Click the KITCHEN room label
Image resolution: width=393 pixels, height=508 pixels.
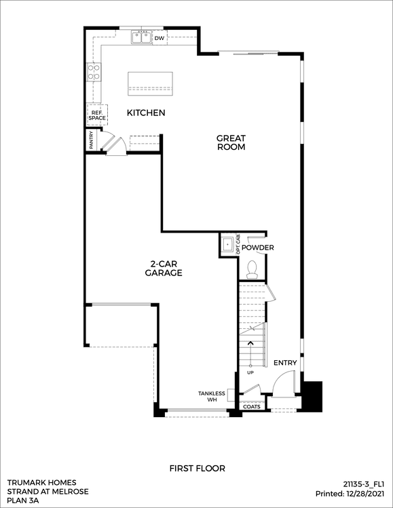tap(146, 113)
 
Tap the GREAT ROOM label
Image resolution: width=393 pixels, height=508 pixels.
tap(231, 142)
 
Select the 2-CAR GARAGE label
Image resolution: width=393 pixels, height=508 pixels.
tap(164, 269)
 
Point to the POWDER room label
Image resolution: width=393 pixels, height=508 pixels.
tap(258, 248)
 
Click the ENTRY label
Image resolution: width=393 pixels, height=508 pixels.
tap(285, 363)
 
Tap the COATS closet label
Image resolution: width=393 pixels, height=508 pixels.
tap(252, 406)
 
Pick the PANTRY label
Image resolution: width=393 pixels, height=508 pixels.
tap(92, 140)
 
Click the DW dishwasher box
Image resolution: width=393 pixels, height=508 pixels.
tap(160, 38)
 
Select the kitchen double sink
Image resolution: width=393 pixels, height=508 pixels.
tap(142, 37)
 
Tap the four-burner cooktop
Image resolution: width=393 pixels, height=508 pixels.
tap(94, 73)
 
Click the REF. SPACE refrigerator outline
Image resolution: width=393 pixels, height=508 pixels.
tap(97, 115)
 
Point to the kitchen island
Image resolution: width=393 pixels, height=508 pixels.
tap(150, 83)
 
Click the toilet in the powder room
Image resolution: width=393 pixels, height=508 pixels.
tap(252, 270)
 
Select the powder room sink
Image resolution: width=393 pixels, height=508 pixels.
tap(228, 244)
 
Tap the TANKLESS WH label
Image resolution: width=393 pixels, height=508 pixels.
tap(212, 397)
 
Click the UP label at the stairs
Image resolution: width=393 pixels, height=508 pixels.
tap(250, 372)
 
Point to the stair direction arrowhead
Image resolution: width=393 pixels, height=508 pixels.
tap(250, 343)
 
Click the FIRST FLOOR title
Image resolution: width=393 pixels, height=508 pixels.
tap(197, 469)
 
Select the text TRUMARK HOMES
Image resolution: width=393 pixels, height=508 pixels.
tap(42, 483)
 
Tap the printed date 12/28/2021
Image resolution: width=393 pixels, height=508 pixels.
tap(365, 494)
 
